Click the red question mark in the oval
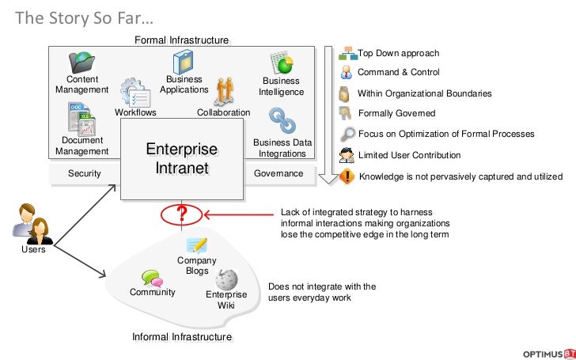[x=181, y=213]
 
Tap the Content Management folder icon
[x=82, y=62]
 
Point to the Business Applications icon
[x=184, y=62]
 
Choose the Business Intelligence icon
[x=282, y=63]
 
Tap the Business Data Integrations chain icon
[x=282, y=121]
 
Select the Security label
[x=84, y=173]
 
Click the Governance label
[x=279, y=173]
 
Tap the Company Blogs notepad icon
[x=196, y=245]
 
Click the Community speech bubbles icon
[x=152, y=279]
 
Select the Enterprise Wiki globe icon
[x=227, y=279]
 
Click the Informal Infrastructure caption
[x=182, y=337]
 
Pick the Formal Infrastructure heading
[x=182, y=40]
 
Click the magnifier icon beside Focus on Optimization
[x=347, y=134]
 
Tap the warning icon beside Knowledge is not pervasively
[x=347, y=176]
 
